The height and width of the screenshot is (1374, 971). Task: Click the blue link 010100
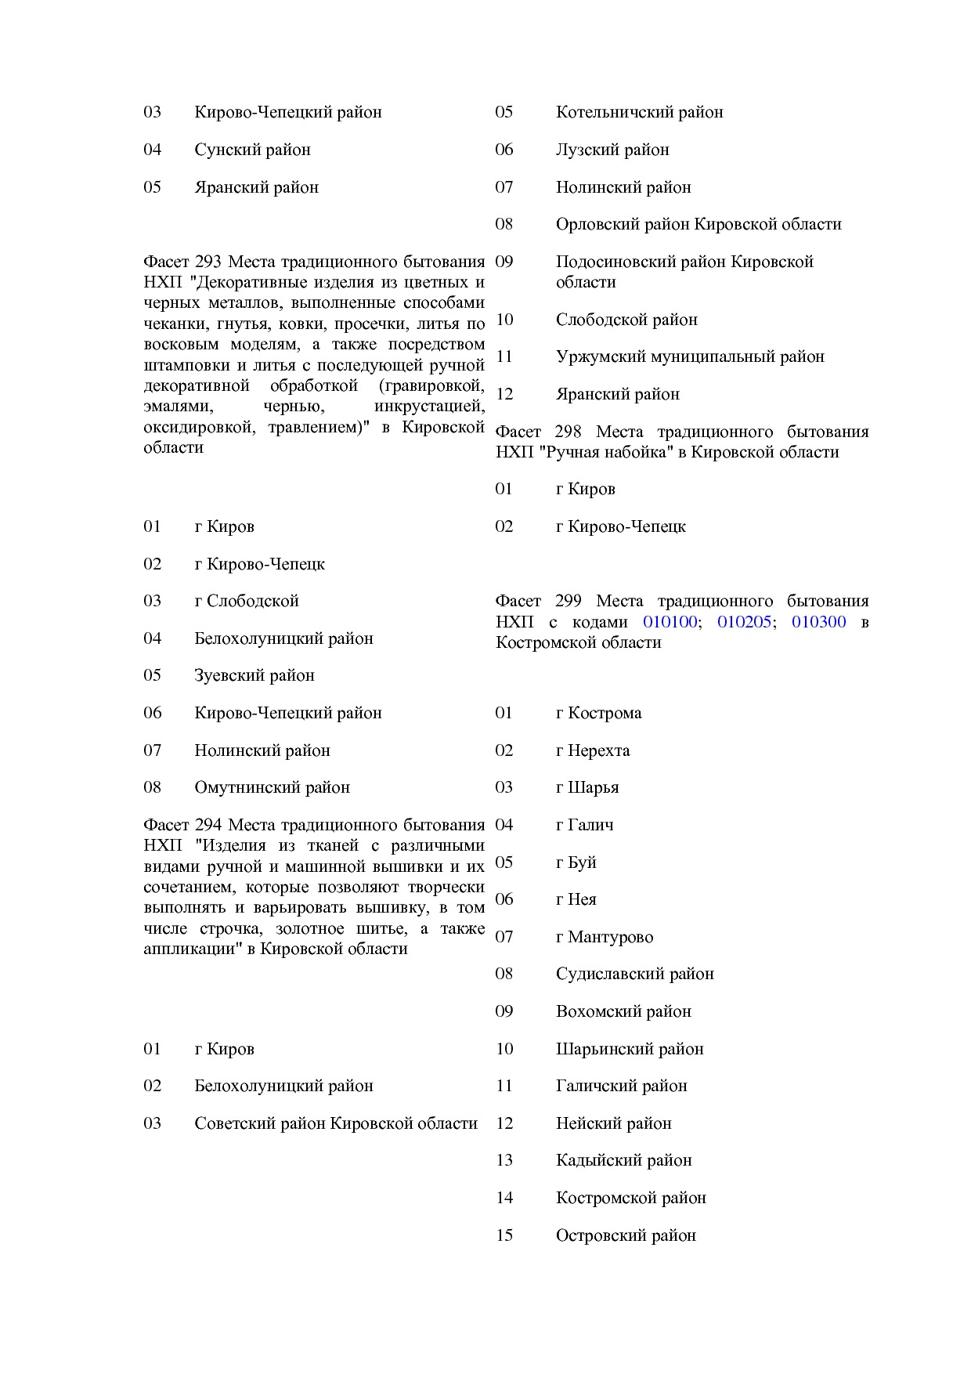click(670, 622)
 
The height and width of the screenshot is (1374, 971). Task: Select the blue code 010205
click(744, 622)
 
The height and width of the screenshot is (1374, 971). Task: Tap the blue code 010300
click(818, 622)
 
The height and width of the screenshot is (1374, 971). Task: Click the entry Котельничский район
click(639, 112)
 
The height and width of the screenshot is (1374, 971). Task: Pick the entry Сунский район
click(252, 150)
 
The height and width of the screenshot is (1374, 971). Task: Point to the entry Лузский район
click(612, 150)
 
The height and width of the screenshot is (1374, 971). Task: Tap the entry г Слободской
click(247, 601)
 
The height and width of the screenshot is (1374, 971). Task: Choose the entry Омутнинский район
click(272, 787)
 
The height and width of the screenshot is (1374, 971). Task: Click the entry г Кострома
click(598, 713)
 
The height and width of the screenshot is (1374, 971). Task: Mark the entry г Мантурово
click(604, 937)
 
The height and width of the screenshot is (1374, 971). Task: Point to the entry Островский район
click(626, 1235)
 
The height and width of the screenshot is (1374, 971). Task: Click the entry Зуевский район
click(254, 675)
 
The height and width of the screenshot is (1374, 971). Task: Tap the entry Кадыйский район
click(623, 1160)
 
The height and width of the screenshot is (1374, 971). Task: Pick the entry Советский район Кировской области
click(336, 1123)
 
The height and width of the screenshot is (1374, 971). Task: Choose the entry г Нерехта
click(592, 750)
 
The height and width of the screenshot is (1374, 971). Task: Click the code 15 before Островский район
click(504, 1235)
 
